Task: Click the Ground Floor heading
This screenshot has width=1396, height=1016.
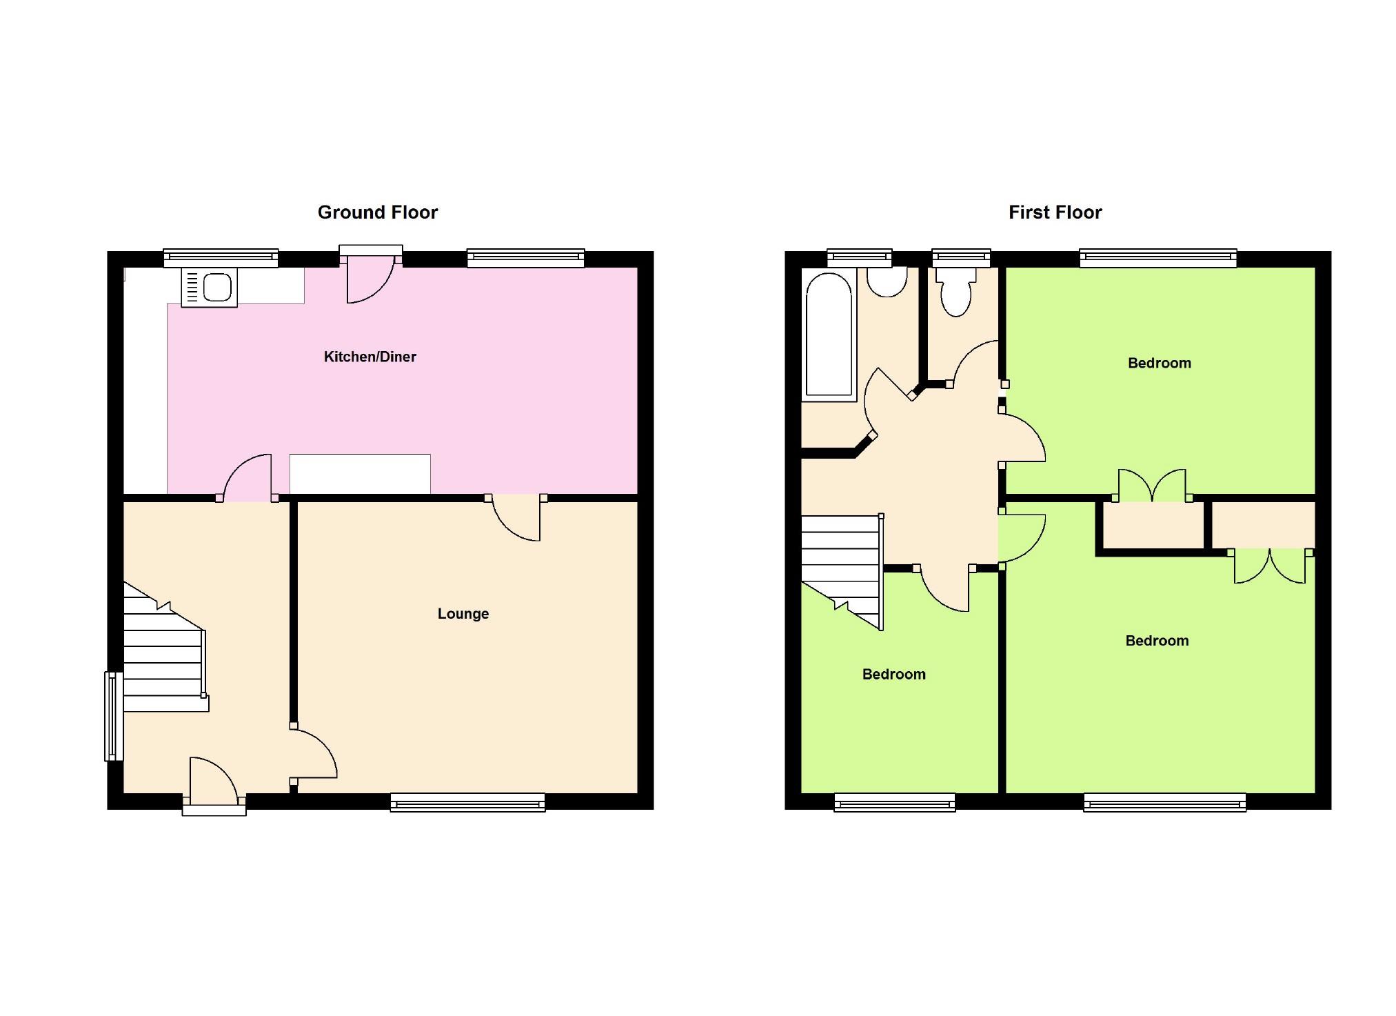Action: pyautogui.click(x=377, y=212)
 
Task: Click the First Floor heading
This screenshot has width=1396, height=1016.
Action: pyautogui.click(x=1055, y=212)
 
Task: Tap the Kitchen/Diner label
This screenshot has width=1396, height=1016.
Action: pyautogui.click(x=370, y=357)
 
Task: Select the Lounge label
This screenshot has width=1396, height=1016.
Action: pyautogui.click(x=463, y=613)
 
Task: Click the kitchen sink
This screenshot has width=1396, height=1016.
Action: pyautogui.click(x=210, y=287)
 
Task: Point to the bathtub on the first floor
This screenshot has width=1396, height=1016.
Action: pyautogui.click(x=829, y=337)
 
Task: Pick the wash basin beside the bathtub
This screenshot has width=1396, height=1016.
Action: pyautogui.click(x=887, y=281)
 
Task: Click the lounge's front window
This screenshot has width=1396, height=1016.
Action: pyautogui.click(x=467, y=801)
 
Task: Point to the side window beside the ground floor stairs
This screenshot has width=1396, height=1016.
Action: pyautogui.click(x=112, y=716)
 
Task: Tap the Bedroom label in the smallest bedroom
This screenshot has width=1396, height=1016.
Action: pyautogui.click(x=893, y=675)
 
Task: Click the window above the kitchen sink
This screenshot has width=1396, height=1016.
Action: pyautogui.click(x=221, y=259)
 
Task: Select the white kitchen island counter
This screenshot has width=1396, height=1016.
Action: pyautogui.click(x=360, y=474)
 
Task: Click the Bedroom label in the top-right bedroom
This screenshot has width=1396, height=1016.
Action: pyautogui.click(x=1159, y=363)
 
